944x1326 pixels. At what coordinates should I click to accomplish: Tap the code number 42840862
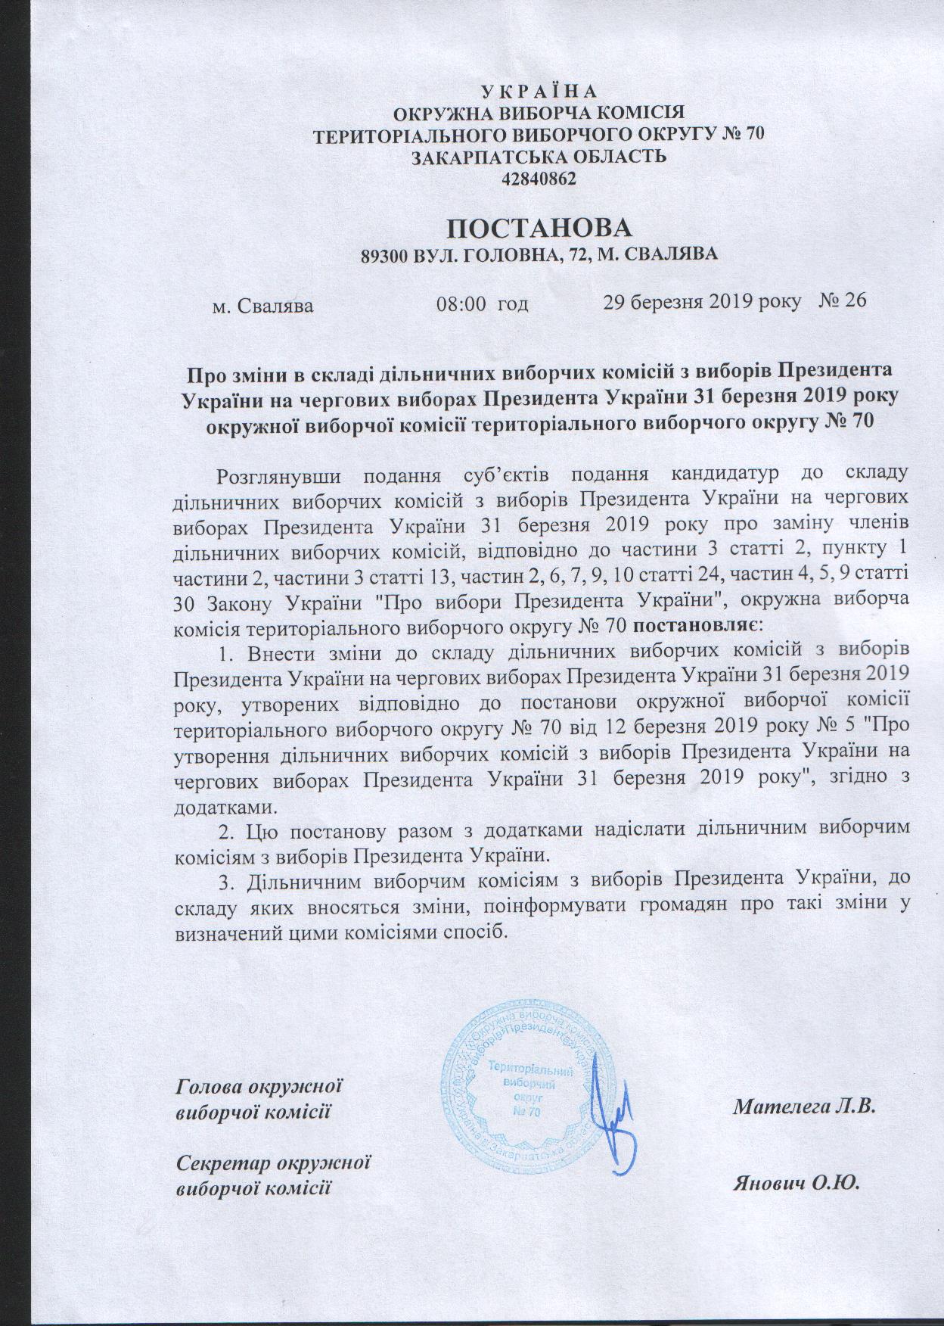(x=539, y=180)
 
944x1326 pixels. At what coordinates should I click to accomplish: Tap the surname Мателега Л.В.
(x=804, y=1107)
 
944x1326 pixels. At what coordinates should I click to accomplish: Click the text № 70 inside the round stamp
(x=525, y=1111)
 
